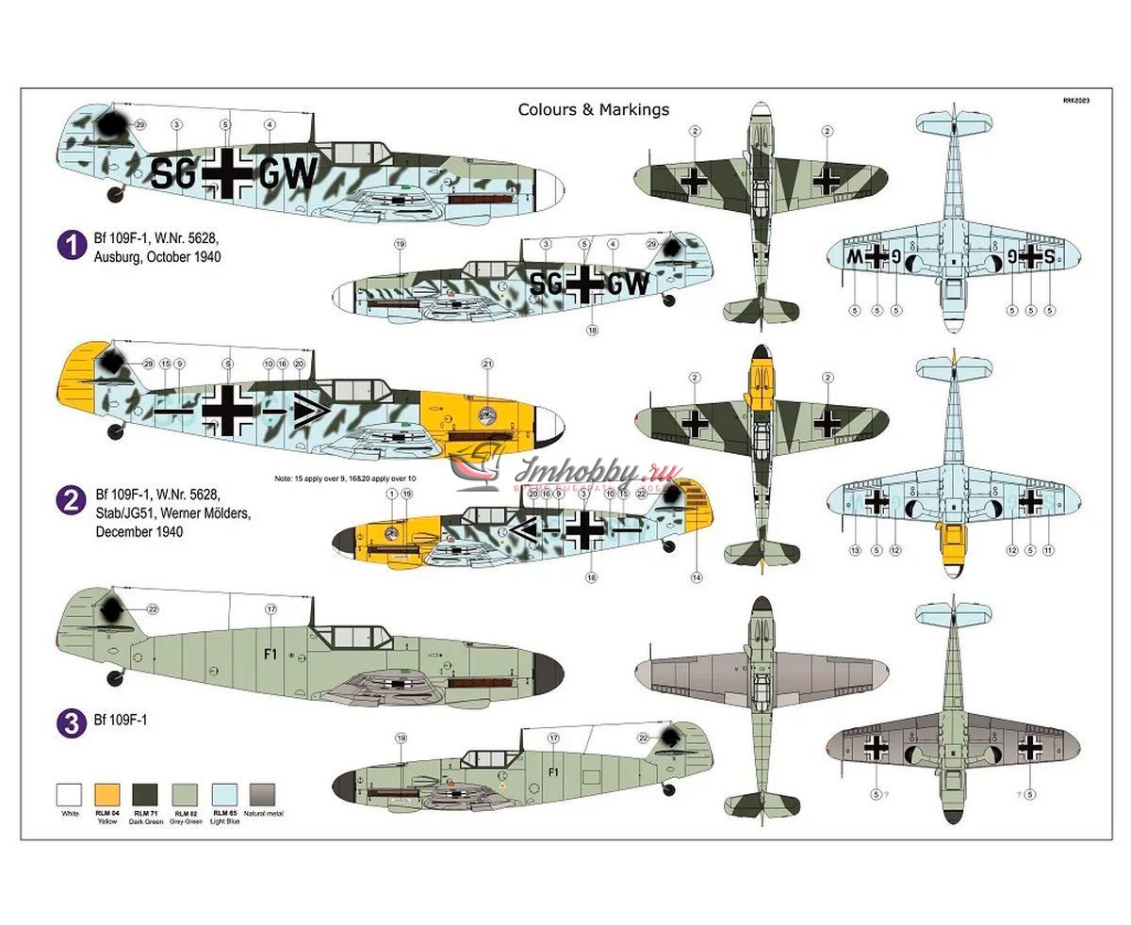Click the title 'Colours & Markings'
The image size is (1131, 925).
pos(593,109)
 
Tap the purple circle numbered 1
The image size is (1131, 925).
pos(72,247)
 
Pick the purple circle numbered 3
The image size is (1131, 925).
pos(72,722)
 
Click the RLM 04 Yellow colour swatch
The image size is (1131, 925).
pos(107,794)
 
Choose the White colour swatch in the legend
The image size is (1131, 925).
pos(70,794)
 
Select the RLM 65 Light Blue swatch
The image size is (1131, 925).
pos(224,794)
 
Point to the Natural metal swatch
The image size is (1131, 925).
pos(262,794)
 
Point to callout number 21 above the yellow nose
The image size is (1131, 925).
pos(487,363)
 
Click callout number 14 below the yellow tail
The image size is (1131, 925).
pos(697,577)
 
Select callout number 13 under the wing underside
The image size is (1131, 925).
pos(855,550)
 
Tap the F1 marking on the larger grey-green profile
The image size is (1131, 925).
pos(270,654)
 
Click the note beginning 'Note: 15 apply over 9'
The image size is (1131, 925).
pos(345,479)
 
